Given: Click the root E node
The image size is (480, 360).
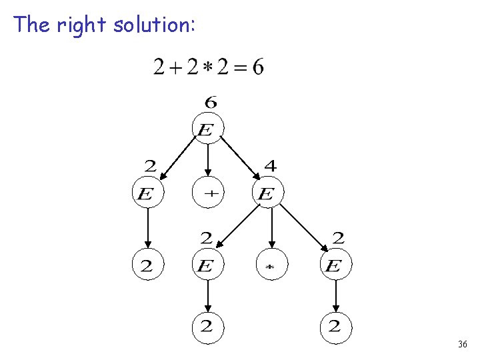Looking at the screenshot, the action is point(207,128).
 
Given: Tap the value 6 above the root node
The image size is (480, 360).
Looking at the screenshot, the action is point(210,103).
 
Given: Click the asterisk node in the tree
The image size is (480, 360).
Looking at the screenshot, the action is point(271,266).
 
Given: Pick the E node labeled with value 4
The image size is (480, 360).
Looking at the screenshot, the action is point(267,194).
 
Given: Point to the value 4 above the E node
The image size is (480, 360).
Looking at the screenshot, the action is point(270,165).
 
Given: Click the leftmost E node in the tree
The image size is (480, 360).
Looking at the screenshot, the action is point(147,194).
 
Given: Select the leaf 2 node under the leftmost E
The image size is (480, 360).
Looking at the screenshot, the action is point(147,266).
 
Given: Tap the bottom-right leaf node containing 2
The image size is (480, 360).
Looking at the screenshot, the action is point(335,326).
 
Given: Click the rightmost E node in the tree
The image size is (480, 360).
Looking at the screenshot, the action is point(335,266).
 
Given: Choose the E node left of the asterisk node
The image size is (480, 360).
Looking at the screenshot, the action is point(207,266).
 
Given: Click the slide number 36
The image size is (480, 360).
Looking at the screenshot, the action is point(463,345).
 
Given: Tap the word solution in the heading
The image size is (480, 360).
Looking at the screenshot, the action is point(153,25).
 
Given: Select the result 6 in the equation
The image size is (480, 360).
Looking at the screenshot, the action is point(257,67).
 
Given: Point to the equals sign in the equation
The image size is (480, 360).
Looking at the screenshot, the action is point(240,68).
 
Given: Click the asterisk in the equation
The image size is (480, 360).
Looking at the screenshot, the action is point(208,68).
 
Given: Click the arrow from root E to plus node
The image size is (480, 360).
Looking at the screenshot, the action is point(208,160).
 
